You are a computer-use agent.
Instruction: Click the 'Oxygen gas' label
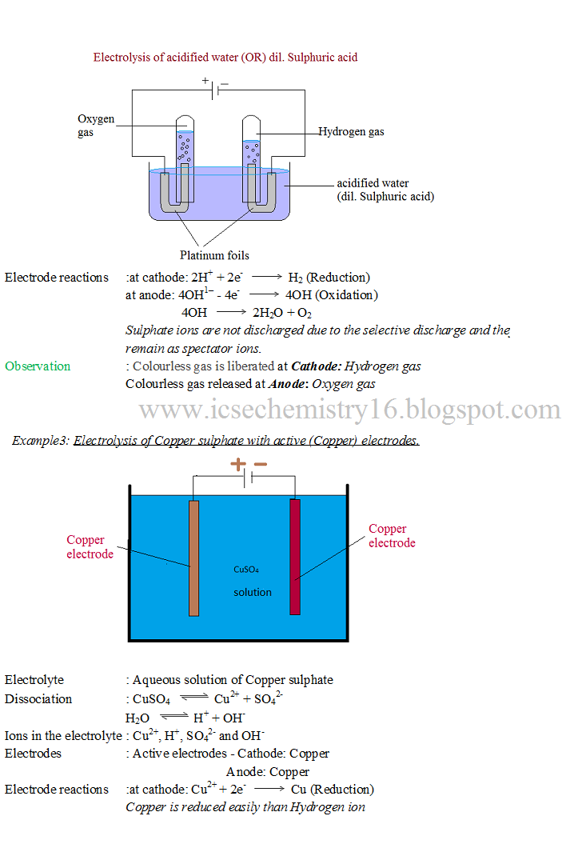pyautogui.click(x=95, y=126)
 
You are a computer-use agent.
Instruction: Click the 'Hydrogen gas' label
pyautogui.click(x=351, y=131)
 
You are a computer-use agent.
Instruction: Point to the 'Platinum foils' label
pyautogui.click(x=214, y=255)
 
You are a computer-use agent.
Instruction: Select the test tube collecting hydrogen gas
pyautogui.click(x=252, y=148)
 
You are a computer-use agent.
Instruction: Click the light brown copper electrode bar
pyautogui.click(x=193, y=558)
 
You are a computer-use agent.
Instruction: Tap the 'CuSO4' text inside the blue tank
pyautogui.click(x=245, y=570)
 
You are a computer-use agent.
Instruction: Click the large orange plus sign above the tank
pyautogui.click(x=238, y=464)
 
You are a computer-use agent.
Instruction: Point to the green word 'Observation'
pyautogui.click(x=38, y=366)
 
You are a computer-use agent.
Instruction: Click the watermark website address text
pyautogui.click(x=350, y=410)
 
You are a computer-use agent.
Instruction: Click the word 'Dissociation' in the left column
pyautogui.click(x=38, y=698)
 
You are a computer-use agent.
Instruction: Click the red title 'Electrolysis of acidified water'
pyautogui.click(x=225, y=58)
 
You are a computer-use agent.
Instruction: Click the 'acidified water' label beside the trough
pyautogui.click(x=373, y=183)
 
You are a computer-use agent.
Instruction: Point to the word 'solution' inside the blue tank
pyautogui.click(x=253, y=592)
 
